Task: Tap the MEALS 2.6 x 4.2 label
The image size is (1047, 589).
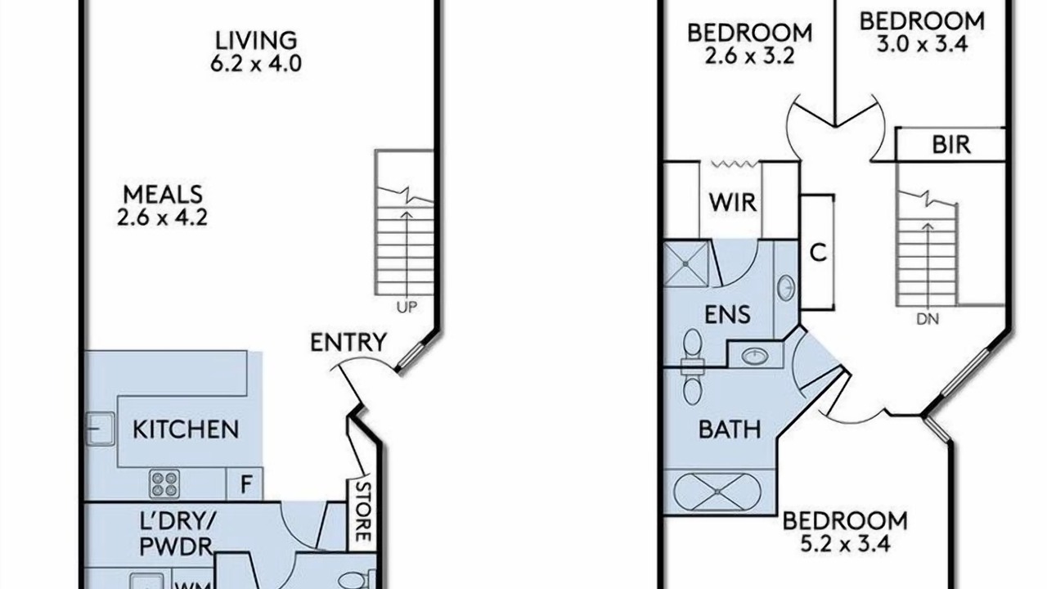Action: pos(162,205)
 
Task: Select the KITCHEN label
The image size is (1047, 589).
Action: pos(186,429)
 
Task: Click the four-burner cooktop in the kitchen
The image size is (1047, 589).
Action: pos(164,483)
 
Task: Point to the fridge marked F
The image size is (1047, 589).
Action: pos(245,483)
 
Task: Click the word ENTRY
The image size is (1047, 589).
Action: pos(348,342)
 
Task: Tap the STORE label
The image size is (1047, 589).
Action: pos(363,511)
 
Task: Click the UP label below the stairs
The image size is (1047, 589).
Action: pos(407,308)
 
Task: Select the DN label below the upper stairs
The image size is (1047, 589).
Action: pos(928,319)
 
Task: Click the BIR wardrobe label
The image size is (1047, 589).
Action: pos(951,145)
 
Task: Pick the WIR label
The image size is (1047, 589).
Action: pos(732,202)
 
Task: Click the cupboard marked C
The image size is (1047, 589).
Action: pos(817,253)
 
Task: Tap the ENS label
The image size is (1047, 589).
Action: pos(728,315)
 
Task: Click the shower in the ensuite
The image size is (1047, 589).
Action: pos(685,263)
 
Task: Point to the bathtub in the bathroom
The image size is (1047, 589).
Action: pos(717,492)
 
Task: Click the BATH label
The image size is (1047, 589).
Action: pos(730,429)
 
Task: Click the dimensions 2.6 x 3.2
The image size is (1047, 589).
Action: pos(750,56)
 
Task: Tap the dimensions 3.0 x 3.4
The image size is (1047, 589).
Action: pos(922,44)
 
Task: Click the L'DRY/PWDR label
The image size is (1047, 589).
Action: pos(177,533)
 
